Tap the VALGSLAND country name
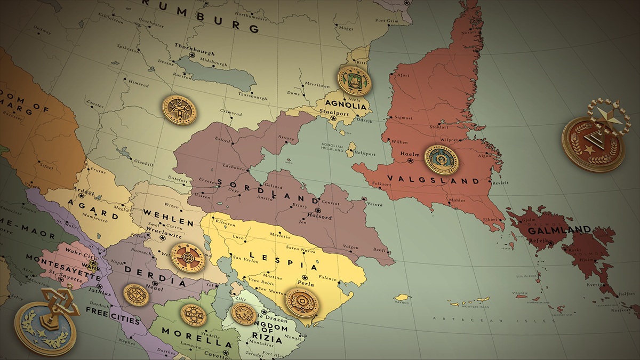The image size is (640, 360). (x=433, y=180)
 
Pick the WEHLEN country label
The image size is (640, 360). (x=167, y=217)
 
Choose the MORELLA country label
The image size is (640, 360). (x=197, y=336)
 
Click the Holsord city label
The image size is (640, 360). (x=320, y=217)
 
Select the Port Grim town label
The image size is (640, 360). (x=387, y=21)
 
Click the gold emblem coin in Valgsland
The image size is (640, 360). (x=442, y=159)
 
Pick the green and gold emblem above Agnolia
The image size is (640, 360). (x=354, y=81)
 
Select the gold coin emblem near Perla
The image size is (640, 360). (x=302, y=302)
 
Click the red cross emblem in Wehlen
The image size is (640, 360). (x=189, y=258)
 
